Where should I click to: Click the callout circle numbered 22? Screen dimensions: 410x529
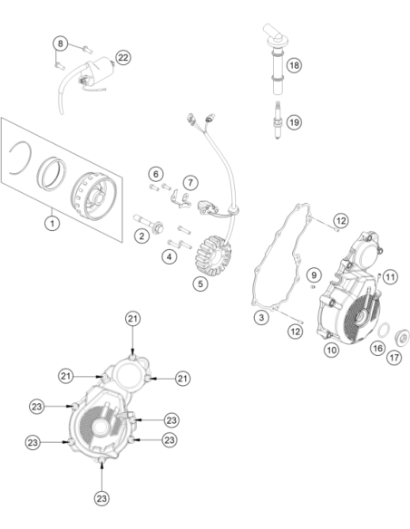point(123,57)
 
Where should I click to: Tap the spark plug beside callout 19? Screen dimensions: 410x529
point(278,120)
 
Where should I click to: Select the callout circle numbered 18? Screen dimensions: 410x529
point(294,65)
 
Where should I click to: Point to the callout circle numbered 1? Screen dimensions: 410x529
point(52,224)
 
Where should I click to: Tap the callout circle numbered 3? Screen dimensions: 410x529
point(261,317)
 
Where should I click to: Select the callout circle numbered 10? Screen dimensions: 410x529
point(331,350)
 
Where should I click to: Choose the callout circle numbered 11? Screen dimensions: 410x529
point(390,277)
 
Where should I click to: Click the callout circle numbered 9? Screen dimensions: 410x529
point(314,275)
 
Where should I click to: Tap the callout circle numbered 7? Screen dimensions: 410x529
point(190,182)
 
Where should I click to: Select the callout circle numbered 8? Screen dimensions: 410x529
point(60,43)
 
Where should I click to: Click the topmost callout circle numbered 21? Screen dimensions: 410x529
point(132,319)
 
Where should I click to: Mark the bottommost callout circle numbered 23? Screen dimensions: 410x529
point(102,498)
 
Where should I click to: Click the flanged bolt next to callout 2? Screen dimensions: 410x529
point(149,224)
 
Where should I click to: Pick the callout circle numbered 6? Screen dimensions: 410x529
point(156,174)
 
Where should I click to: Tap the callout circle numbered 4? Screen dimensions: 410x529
point(170,256)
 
